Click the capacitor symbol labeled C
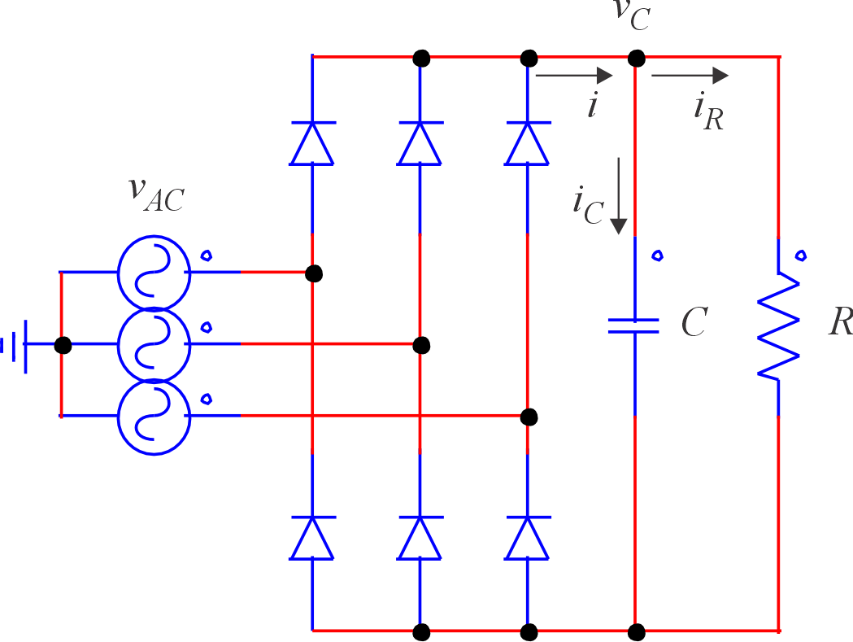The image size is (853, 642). (634, 325)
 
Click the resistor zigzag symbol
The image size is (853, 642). (779, 325)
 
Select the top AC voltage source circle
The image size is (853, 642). (153, 273)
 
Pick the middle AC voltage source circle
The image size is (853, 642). (153, 344)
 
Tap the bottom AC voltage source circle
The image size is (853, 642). (153, 416)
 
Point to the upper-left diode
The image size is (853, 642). (311, 143)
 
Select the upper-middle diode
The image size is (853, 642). (420, 143)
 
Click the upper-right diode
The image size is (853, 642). (528, 143)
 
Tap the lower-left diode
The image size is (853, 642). (311, 538)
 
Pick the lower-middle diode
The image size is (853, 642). (420, 538)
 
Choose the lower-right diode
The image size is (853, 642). (528, 538)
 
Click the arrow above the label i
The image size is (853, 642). (574, 76)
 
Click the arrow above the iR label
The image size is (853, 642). (690, 76)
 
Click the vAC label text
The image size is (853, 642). (156, 193)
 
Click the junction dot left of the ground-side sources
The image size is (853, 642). (62, 345)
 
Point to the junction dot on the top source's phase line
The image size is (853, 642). (313, 273)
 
